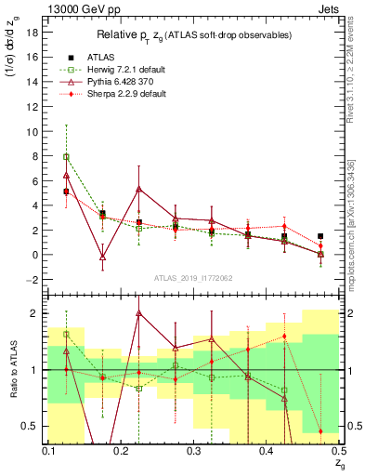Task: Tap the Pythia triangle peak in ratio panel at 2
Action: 164,313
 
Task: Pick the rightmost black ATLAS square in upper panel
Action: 320,236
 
